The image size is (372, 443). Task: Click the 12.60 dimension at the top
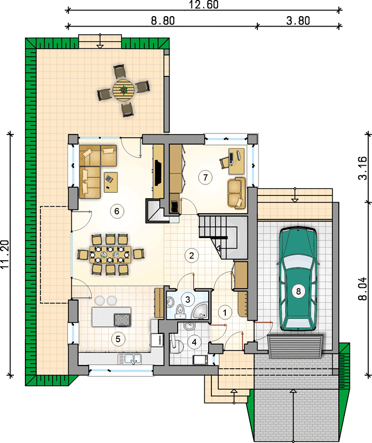(204, 4)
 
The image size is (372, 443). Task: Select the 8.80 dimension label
(163, 20)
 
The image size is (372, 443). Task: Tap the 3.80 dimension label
(298, 20)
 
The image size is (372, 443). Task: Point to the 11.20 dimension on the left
(5, 254)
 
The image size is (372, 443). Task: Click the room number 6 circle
(117, 211)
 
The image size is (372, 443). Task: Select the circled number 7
(205, 177)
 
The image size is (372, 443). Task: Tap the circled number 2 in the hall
(192, 255)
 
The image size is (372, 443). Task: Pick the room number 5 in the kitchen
(118, 339)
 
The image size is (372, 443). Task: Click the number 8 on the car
(298, 291)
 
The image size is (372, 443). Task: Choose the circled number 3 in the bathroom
(188, 299)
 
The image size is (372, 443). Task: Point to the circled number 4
(194, 342)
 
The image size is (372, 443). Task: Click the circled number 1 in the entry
(225, 312)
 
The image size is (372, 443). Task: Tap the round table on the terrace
(123, 90)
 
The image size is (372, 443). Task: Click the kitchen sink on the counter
(130, 358)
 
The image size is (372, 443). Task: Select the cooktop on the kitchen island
(122, 320)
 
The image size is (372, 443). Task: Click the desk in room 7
(236, 161)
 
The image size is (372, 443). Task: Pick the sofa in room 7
(236, 193)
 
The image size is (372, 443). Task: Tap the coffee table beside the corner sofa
(111, 182)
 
